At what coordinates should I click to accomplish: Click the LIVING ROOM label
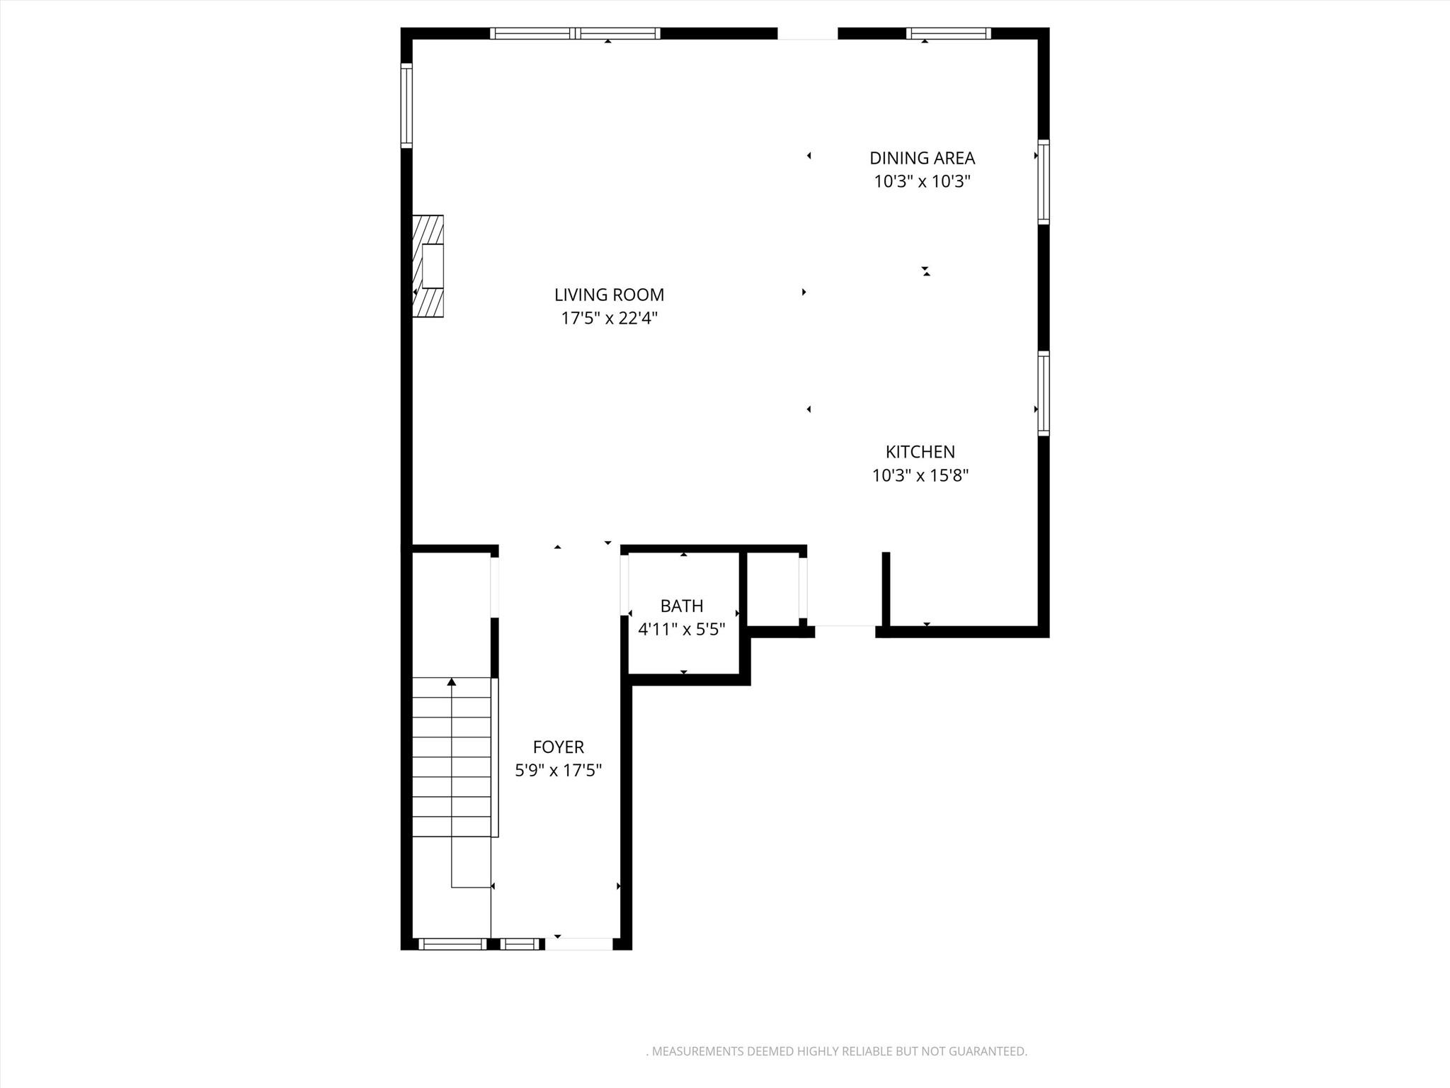tap(609, 295)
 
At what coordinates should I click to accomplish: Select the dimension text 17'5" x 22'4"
tap(609, 318)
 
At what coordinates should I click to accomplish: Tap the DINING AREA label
tap(922, 158)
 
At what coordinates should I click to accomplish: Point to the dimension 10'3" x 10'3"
tap(922, 181)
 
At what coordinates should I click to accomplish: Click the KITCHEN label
tap(920, 452)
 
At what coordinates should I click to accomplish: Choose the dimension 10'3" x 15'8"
tap(920, 475)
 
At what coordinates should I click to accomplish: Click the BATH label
tap(681, 606)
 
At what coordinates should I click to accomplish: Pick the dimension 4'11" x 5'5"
tap(681, 629)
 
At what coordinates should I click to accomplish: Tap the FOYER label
tap(558, 747)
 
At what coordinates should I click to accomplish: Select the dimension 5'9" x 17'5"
tap(558, 770)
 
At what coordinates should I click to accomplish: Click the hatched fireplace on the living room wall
tap(428, 266)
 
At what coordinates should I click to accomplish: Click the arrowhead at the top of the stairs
tap(452, 682)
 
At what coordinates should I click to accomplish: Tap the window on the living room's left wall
tap(406, 106)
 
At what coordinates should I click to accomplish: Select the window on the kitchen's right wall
tap(1044, 392)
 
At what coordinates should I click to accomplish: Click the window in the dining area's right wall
tap(1044, 182)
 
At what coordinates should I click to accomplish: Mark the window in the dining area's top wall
tap(948, 33)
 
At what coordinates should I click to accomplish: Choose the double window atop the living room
tap(575, 33)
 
